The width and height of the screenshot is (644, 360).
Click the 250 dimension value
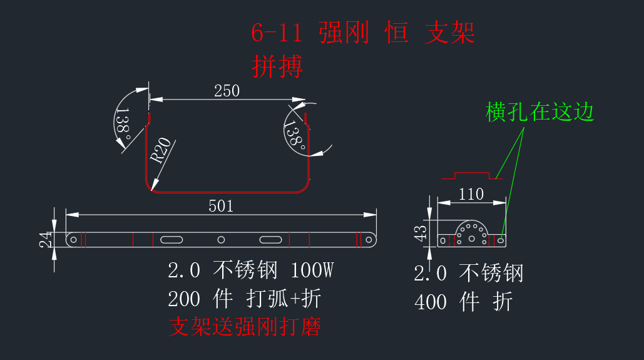pyautogui.click(x=227, y=91)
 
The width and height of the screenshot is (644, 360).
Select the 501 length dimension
pyautogui.click(x=221, y=206)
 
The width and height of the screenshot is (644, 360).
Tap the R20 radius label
pyautogui.click(x=160, y=150)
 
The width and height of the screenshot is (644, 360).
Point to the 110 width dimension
pyautogui.click(x=471, y=194)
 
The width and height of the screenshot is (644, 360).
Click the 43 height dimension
pyautogui.click(x=421, y=234)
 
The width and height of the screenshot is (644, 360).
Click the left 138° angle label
pyautogui.click(x=123, y=124)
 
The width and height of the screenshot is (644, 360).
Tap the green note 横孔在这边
pyautogui.click(x=539, y=112)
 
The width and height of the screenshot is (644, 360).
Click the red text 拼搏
pyautogui.click(x=277, y=66)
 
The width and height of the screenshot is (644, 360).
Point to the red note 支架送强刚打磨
pyautogui.click(x=245, y=327)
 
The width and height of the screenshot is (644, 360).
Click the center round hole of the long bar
pyautogui.click(x=221, y=240)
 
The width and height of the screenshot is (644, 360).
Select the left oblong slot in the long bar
pyautogui.click(x=171, y=240)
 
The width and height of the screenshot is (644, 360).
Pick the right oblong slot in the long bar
pyautogui.click(x=270, y=240)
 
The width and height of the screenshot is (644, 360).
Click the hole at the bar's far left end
pyautogui.click(x=73, y=240)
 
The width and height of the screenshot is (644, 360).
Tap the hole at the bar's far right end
pyautogui.click(x=369, y=240)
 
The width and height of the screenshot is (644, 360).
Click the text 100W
pyautogui.click(x=312, y=270)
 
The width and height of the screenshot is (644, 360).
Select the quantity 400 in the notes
pyautogui.click(x=431, y=302)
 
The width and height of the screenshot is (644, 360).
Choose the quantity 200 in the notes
pyautogui.click(x=184, y=299)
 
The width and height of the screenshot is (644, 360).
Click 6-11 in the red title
pyautogui.click(x=277, y=33)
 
